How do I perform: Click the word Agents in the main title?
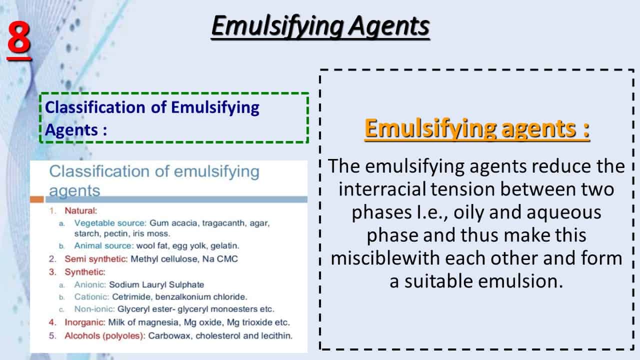coord(389,26)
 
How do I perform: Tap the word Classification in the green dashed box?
coord(95,107)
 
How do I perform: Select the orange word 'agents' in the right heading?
coord(539,128)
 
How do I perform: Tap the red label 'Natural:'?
coord(81,210)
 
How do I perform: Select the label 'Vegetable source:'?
coord(110,223)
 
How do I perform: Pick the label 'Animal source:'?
coord(104,245)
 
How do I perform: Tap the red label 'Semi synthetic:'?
coord(96,259)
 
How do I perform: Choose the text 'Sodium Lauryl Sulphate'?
coord(156,284)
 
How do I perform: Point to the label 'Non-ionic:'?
coord(94,309)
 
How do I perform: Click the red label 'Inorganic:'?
coord(85,322)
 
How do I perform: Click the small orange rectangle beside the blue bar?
coord(37,199)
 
